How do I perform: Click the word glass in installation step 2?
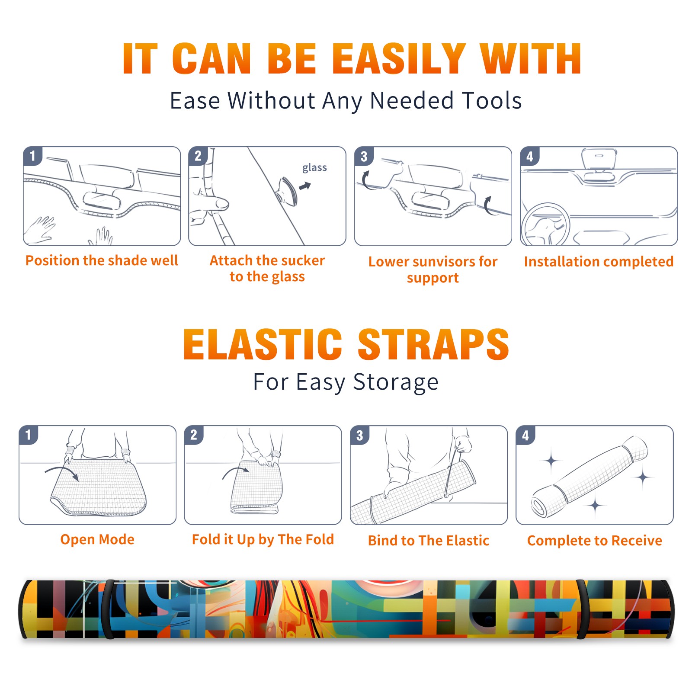point(314,168)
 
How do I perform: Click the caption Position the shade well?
point(102,260)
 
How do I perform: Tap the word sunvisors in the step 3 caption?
point(444,262)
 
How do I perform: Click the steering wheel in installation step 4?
point(545,225)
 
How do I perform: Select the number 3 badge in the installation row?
point(364,156)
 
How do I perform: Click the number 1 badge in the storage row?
point(29,435)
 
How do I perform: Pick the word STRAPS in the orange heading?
point(433,344)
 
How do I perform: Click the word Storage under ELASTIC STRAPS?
point(396,382)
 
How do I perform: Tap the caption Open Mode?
point(97,539)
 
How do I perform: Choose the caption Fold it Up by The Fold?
point(263,539)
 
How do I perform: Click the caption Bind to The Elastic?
point(429,541)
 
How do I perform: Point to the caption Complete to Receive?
point(595,541)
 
